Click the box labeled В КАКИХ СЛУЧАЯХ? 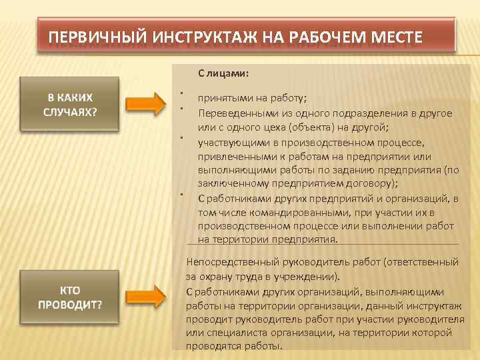(70, 103)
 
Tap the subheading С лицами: (223, 73)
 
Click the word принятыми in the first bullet (223, 99)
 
